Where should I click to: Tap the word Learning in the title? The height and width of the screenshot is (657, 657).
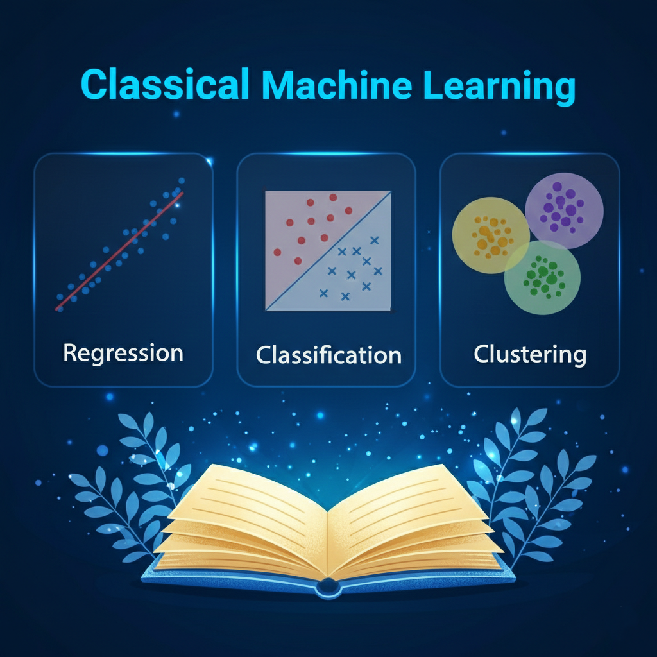pyautogui.click(x=499, y=87)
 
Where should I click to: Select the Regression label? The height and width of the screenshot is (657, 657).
pyautogui.click(x=123, y=354)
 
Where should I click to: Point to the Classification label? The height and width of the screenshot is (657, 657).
pyautogui.click(x=329, y=355)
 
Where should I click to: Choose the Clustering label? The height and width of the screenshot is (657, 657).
pyautogui.click(x=530, y=355)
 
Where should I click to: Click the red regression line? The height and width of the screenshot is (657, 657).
pyautogui.click(x=119, y=252)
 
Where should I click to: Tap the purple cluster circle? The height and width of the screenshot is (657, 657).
pyautogui.click(x=564, y=210)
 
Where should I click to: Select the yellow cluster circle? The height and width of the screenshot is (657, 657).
pyautogui.click(x=490, y=235)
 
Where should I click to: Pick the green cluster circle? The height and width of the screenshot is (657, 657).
pyautogui.click(x=542, y=278)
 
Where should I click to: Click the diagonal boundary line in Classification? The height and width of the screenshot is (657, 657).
pyautogui.click(x=328, y=251)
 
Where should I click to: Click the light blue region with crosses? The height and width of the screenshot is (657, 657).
pyautogui.click(x=352, y=272)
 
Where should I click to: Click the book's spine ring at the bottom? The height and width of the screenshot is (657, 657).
pyautogui.click(x=328, y=586)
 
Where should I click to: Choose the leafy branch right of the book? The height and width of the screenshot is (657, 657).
pyautogui.click(x=530, y=486)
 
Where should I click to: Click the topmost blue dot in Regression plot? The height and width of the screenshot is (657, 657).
pyautogui.click(x=182, y=180)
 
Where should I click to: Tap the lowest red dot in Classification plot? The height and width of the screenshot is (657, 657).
pyautogui.click(x=298, y=261)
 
